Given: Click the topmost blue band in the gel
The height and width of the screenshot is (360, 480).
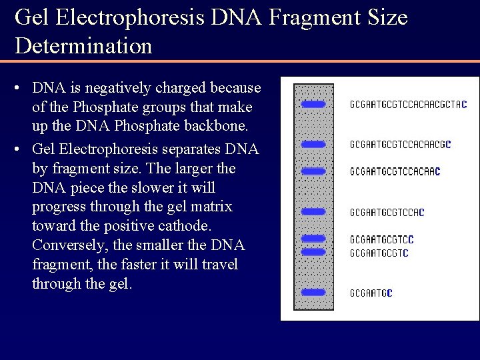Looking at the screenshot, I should (313, 104).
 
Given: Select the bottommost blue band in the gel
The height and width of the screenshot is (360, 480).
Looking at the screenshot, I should (313, 293).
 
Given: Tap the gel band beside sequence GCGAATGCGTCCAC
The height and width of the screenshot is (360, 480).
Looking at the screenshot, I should (313, 211).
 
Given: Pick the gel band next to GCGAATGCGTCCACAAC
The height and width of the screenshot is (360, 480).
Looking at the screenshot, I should (313, 171).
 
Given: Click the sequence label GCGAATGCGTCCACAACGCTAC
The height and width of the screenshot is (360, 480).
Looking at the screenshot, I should (408, 105).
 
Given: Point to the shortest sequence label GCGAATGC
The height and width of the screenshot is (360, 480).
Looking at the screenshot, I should (371, 293).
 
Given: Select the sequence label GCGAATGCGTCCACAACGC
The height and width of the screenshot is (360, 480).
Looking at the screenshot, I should (401, 144).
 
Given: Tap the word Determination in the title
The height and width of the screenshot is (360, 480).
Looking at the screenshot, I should (83, 46).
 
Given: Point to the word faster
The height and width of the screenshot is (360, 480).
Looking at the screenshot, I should (142, 265).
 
